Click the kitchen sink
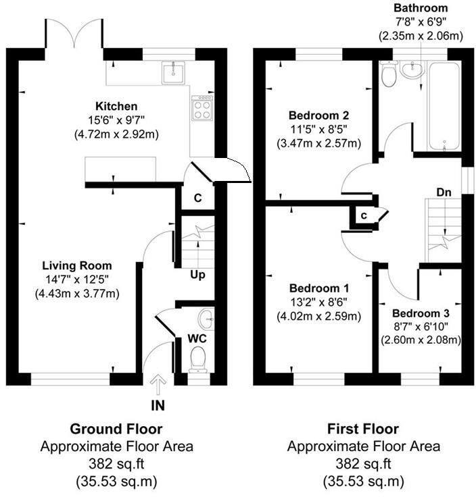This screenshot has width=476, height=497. (173, 72)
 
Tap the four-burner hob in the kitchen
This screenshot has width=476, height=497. (202, 108)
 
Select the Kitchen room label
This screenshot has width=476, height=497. (116, 106)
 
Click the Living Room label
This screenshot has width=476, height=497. (77, 265)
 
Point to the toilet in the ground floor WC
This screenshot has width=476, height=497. (198, 359)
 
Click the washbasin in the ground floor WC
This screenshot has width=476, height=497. (206, 319)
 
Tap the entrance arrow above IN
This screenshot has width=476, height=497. (158, 384)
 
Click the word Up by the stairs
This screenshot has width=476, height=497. (197, 275)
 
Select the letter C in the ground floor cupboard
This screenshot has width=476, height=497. (197, 198)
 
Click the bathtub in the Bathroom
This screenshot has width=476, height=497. (444, 107)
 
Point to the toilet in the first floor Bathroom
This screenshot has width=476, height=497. (388, 74)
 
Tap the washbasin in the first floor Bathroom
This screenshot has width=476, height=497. (412, 70)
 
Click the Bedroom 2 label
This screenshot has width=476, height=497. (319, 115)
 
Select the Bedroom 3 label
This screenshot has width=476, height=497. (421, 313)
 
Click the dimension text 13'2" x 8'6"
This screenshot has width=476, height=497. (319, 302)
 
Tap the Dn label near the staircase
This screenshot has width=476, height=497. (444, 192)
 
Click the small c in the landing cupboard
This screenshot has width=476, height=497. (364, 215)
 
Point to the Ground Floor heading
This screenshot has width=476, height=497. (116, 429)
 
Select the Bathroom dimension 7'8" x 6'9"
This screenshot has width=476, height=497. (421, 22)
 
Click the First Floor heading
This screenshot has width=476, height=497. (363, 429)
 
